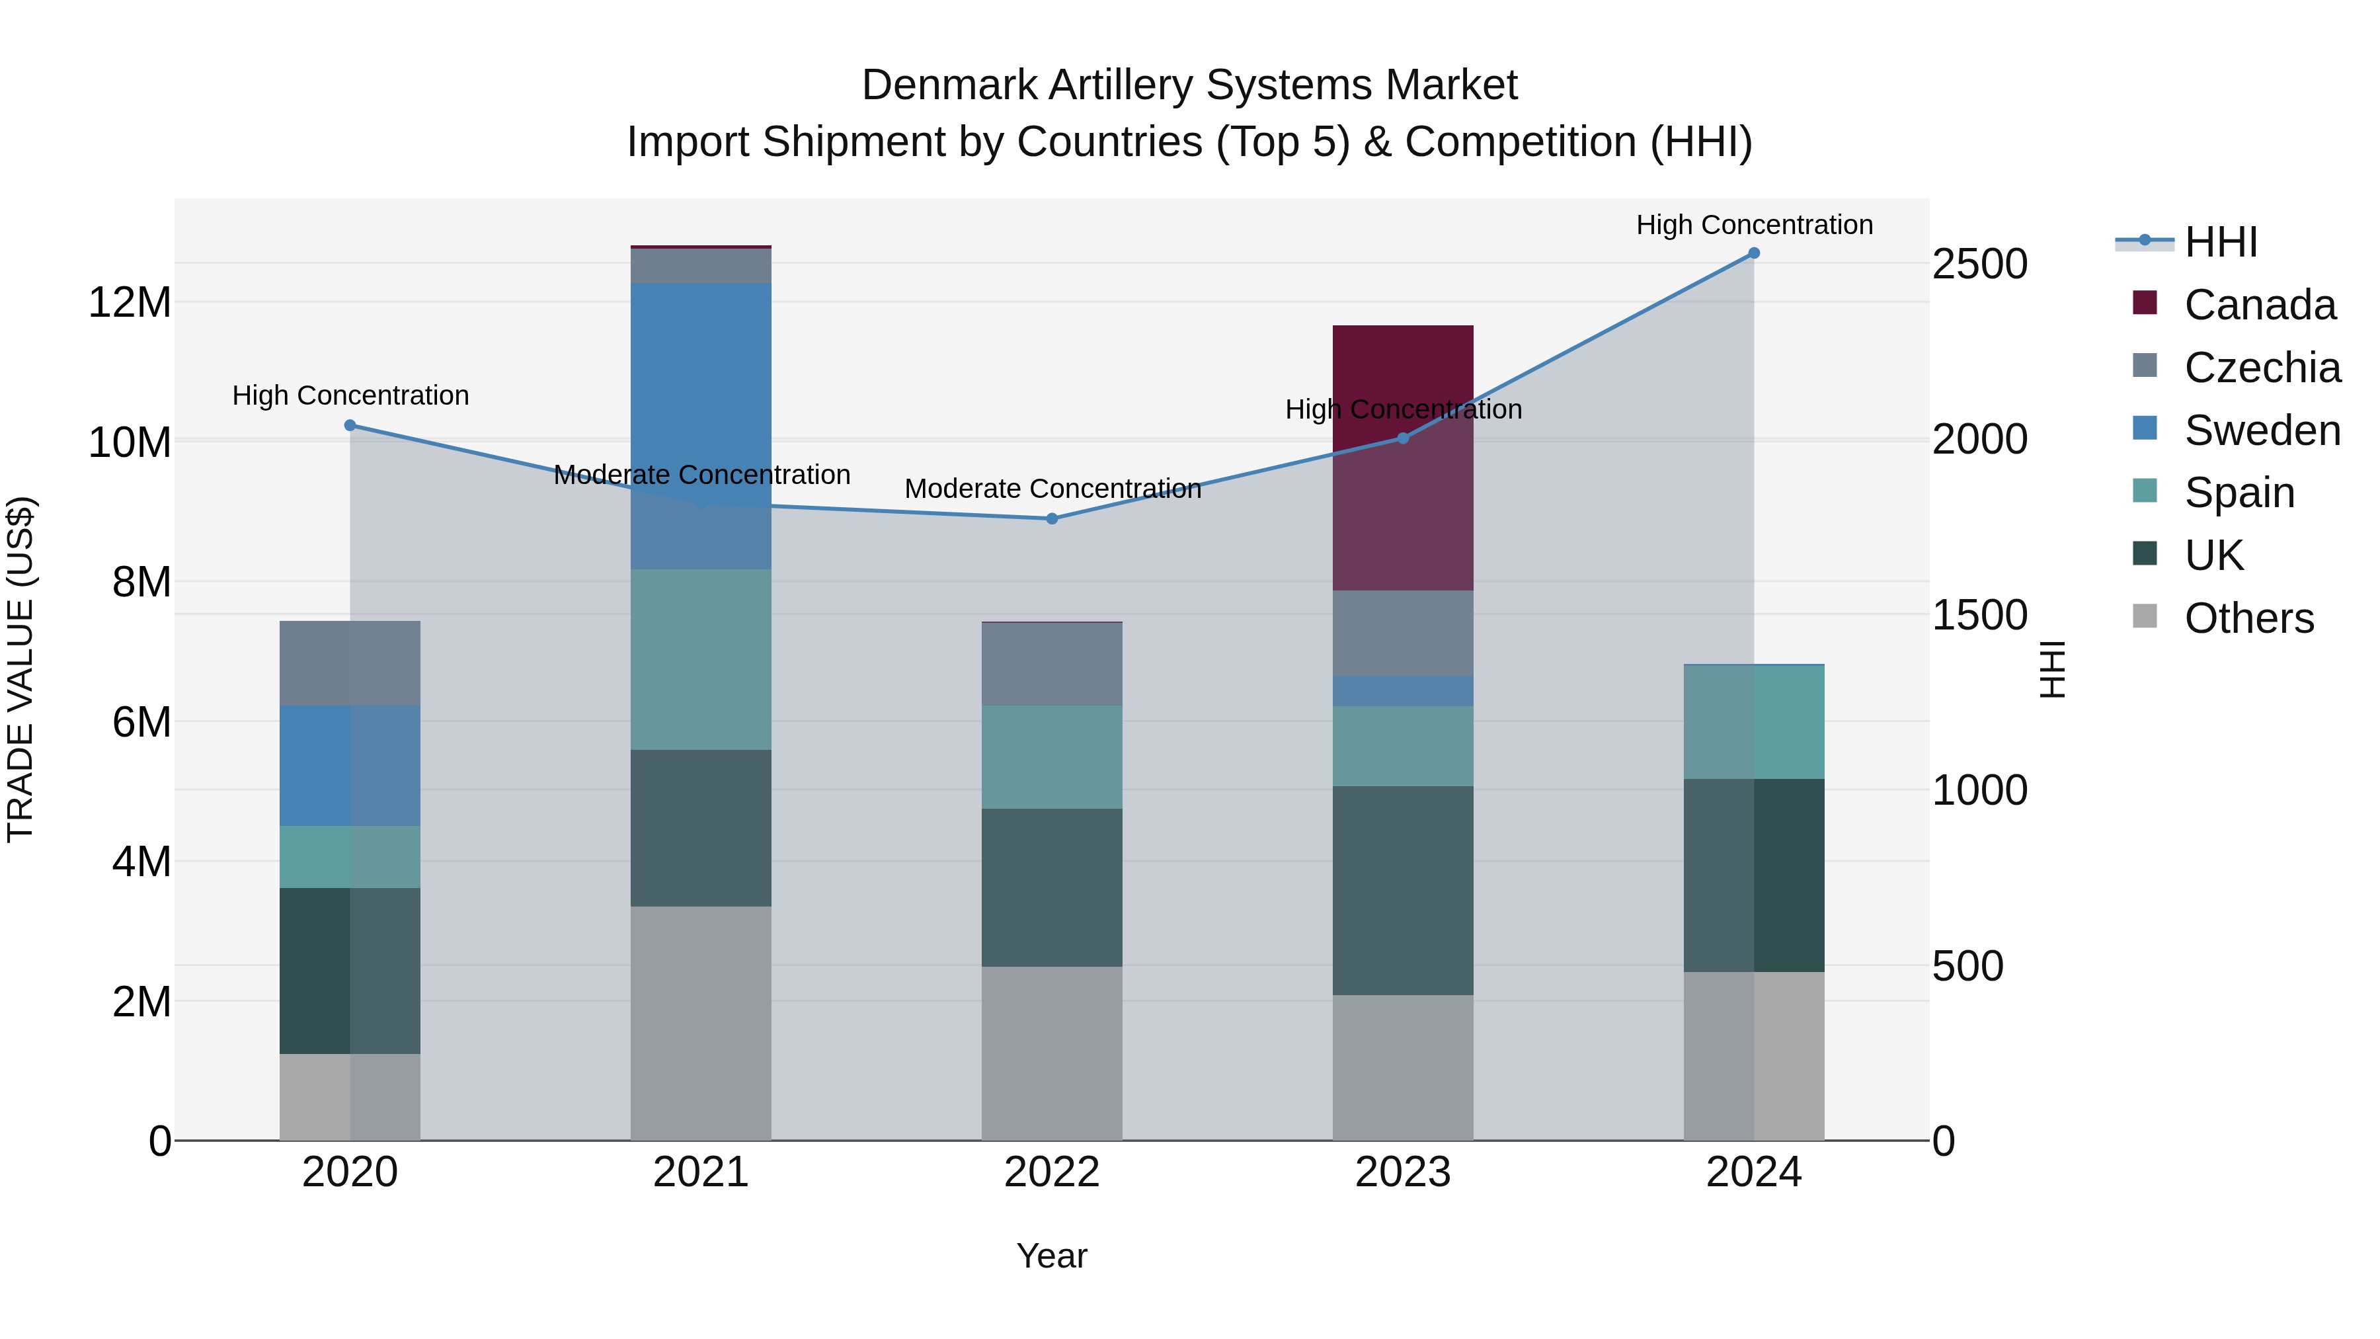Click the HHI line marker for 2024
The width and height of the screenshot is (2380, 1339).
[x=1753, y=253]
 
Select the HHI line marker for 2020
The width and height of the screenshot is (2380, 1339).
[x=350, y=425]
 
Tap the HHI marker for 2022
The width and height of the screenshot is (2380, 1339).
[x=1051, y=518]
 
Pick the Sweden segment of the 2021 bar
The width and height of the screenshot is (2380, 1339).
[x=700, y=425]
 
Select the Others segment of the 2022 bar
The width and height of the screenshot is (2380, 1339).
[x=1051, y=1053]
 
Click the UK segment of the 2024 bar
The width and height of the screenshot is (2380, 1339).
[x=1753, y=874]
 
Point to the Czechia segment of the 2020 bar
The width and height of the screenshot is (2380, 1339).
[x=350, y=663]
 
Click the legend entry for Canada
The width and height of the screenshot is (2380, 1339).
[x=2258, y=304]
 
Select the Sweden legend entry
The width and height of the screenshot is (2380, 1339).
[x=2261, y=430]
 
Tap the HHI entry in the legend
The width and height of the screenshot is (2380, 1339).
[x=2220, y=242]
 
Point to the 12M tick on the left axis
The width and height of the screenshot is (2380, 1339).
[x=130, y=302]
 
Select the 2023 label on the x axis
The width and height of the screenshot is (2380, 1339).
[x=1402, y=1172]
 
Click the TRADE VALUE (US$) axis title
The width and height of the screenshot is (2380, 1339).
[x=20, y=669]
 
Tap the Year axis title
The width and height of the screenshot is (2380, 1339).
[x=1051, y=1256]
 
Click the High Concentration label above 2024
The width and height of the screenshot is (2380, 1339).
[x=1753, y=225]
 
